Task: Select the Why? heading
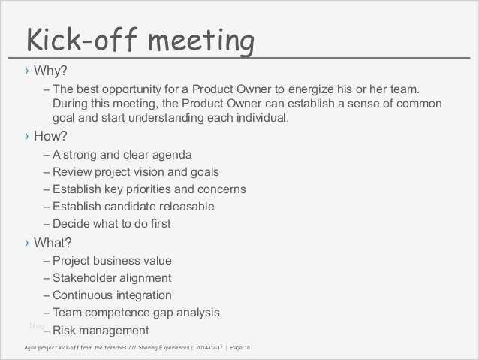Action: click(x=51, y=71)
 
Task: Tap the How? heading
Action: click(x=51, y=136)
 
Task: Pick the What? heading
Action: click(x=53, y=242)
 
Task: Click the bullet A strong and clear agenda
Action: click(x=122, y=155)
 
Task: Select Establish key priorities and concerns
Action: click(x=149, y=189)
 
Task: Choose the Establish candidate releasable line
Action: click(x=133, y=206)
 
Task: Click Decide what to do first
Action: click(x=111, y=223)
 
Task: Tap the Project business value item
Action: click(x=112, y=261)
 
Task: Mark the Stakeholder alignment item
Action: click(x=112, y=278)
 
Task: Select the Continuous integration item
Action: click(x=112, y=295)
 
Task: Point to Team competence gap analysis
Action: click(x=136, y=313)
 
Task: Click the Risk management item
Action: click(x=101, y=330)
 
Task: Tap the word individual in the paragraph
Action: click(x=257, y=118)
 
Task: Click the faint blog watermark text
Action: click(x=37, y=325)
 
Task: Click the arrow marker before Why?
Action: click(x=27, y=71)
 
